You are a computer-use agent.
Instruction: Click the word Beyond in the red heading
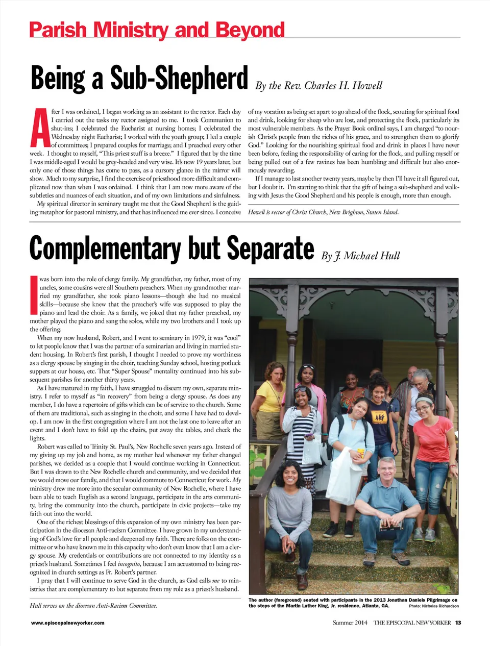pos(250,30)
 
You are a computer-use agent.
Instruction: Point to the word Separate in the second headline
pos(270,249)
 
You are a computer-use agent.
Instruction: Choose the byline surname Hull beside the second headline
pos(389,256)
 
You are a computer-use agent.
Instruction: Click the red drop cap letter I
pos(34,294)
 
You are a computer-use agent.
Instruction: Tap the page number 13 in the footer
pos(458,623)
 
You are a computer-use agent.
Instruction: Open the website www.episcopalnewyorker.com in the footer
pos(68,623)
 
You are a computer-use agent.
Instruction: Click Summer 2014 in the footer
pos(350,623)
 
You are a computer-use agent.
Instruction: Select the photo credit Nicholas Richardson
pos(440,606)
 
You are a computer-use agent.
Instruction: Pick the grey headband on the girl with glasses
pos(423,401)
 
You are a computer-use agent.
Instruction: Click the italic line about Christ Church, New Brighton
pos(323,212)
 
